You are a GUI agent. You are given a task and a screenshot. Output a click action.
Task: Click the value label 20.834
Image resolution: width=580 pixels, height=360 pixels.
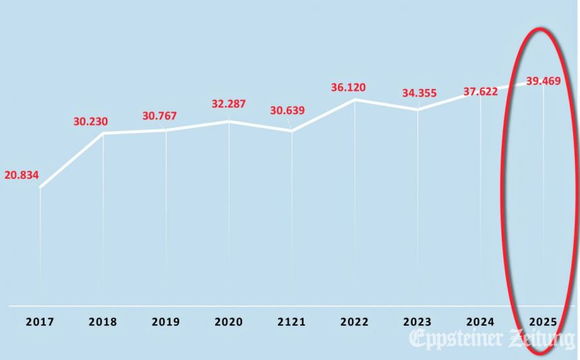click(x=22, y=175)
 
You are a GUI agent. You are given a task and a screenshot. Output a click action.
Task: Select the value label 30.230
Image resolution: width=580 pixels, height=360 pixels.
click(x=90, y=122)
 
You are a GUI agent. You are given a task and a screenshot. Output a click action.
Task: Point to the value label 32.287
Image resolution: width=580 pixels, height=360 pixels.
click(x=228, y=104)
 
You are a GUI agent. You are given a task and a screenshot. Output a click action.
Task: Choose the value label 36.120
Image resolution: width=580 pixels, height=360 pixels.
click(x=348, y=88)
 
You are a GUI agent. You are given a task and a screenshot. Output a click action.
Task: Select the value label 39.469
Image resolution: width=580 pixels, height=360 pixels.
click(x=544, y=82)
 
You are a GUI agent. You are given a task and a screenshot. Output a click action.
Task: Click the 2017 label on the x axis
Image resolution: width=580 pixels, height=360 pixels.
click(x=40, y=322)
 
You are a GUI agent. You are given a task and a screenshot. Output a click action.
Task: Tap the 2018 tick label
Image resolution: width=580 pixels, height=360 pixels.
click(x=103, y=322)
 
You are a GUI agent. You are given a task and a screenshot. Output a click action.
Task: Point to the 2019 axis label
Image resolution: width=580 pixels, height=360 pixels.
click(x=165, y=322)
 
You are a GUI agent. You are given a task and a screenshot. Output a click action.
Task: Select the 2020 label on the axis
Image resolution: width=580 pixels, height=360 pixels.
click(x=229, y=322)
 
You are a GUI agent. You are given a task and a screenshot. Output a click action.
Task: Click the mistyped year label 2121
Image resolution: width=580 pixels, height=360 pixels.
click(x=291, y=322)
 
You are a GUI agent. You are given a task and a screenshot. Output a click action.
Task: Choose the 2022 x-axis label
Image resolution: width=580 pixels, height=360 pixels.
click(x=355, y=322)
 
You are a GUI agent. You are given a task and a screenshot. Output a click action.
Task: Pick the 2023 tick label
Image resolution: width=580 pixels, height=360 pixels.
click(x=417, y=322)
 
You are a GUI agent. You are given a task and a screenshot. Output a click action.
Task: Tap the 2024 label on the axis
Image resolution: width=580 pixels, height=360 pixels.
click(x=480, y=322)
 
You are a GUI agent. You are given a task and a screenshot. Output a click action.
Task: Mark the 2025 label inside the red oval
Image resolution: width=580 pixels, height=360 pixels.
click(x=544, y=322)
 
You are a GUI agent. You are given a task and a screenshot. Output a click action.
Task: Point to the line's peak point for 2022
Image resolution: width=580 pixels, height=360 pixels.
click(x=355, y=100)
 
